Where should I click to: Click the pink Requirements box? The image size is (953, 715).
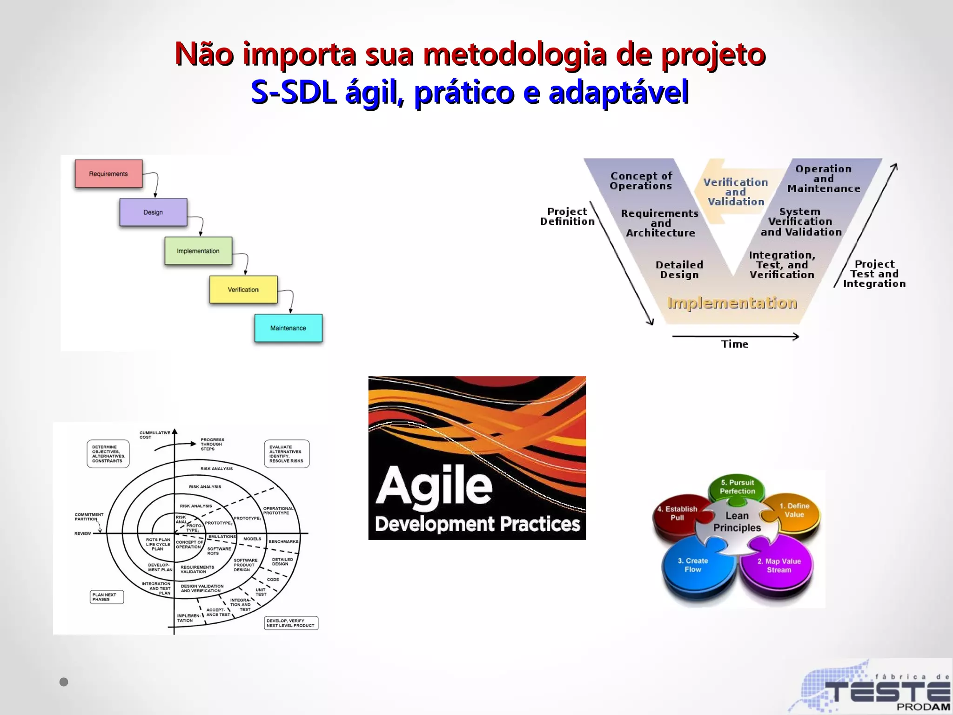coord(108,174)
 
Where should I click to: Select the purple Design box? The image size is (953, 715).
coord(153,212)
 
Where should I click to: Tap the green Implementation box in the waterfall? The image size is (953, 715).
coord(198,251)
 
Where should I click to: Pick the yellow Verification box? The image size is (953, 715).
coord(243,290)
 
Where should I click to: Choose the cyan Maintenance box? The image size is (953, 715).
coord(288,328)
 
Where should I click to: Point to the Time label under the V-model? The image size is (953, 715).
coord(735,344)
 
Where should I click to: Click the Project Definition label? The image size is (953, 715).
coord(567,216)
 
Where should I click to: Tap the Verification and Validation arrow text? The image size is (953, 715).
coord(735,192)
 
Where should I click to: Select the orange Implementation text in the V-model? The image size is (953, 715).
coord(732,303)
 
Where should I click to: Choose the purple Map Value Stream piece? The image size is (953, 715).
coord(779,566)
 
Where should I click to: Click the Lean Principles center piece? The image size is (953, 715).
coord(737,522)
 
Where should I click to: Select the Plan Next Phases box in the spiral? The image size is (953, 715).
coord(107,597)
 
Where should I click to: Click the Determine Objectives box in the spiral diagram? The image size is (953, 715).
coord(108,454)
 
